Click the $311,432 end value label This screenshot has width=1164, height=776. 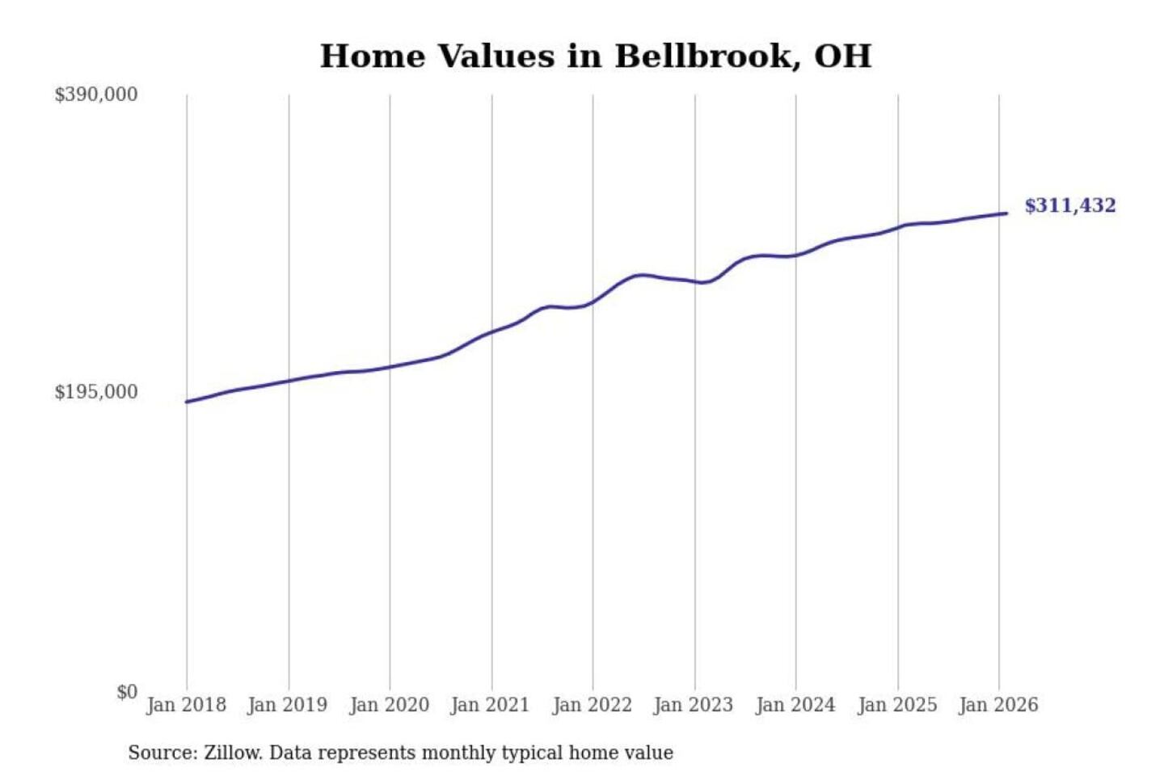click(1069, 205)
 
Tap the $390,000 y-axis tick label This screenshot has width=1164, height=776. click(95, 95)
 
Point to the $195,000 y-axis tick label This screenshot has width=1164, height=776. click(95, 392)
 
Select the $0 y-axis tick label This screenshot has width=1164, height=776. click(127, 692)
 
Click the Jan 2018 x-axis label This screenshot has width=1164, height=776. click(186, 705)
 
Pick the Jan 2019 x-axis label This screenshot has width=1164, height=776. click(287, 705)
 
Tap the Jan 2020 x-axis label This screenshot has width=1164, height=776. click(389, 705)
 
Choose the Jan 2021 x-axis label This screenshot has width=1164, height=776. click(490, 705)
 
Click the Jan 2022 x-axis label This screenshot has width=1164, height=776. click(592, 705)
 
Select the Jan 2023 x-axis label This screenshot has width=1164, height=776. click(693, 705)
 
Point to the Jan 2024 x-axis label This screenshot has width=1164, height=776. click(795, 705)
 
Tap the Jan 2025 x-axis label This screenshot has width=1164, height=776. click(896, 705)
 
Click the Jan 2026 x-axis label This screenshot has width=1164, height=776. click(997, 705)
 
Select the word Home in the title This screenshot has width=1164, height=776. click(373, 57)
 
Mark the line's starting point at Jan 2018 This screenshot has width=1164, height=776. click(187, 402)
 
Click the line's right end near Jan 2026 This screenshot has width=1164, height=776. click(1006, 213)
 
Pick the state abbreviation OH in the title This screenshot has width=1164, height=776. click(842, 57)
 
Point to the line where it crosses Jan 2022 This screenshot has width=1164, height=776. click(593, 302)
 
